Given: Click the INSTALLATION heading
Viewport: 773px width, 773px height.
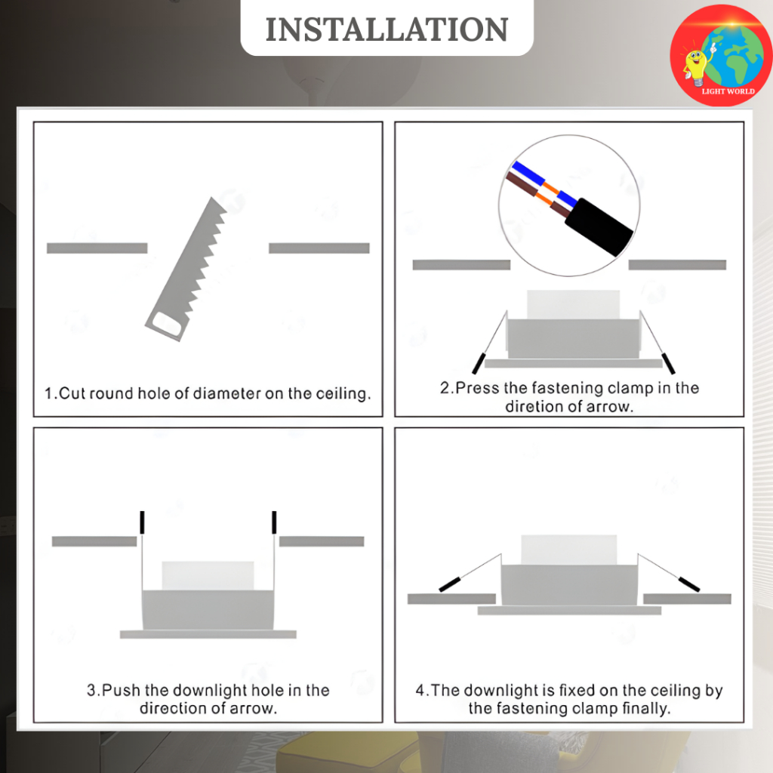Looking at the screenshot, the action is pos(386,29).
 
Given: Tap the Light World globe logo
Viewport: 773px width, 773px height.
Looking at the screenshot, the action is pos(721,55).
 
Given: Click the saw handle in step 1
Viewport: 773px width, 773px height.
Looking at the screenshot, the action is pos(167,324).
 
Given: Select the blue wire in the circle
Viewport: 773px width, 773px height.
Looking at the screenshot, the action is pos(545,183).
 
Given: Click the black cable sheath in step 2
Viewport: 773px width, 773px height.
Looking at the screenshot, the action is pos(599,227).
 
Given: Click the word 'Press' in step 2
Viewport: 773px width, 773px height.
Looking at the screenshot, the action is pos(477,388).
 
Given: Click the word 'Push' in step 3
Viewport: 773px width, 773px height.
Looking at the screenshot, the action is pos(122,690).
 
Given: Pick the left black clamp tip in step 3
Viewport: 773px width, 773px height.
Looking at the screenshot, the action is pos(142,522).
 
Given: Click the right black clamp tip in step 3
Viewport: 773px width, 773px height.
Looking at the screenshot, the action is pos(274,522).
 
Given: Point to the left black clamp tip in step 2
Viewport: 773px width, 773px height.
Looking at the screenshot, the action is pos(479,363).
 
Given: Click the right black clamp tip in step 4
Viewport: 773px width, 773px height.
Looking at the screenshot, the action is pos(689,584).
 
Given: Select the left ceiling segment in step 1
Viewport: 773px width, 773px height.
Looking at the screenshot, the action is pos(97,248).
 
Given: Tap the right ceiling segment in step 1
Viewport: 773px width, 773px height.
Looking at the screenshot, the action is pos(319,248).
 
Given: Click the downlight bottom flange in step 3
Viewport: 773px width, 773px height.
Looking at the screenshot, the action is pos(208,634).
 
